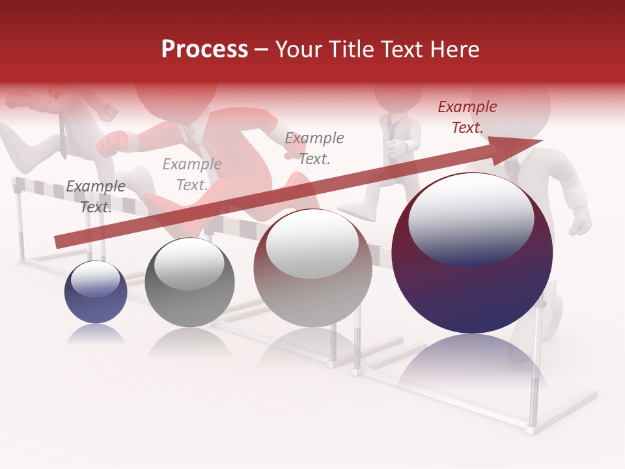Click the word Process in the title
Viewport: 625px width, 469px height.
pos(204,50)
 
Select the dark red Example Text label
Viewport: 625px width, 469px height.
pos(467,117)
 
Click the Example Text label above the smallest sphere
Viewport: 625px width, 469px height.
pos(95,197)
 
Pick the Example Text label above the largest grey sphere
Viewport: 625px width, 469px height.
pos(314,149)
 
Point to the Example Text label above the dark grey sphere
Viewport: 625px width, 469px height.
pos(192,175)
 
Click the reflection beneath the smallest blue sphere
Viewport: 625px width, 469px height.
pos(96,334)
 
